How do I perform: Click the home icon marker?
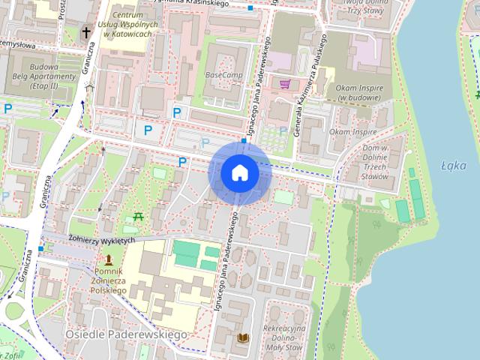tap(240, 172)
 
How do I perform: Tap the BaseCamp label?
tap(223, 76)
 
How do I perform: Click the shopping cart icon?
tap(285, 84)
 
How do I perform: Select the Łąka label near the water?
tap(454, 166)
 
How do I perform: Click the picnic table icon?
tap(137, 217)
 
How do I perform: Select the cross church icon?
tap(86, 32)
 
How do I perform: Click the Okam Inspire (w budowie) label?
tap(355, 93)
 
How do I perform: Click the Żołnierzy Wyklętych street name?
tap(100, 240)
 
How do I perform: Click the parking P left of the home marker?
tap(181, 161)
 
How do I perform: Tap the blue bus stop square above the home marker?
tap(244, 140)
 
